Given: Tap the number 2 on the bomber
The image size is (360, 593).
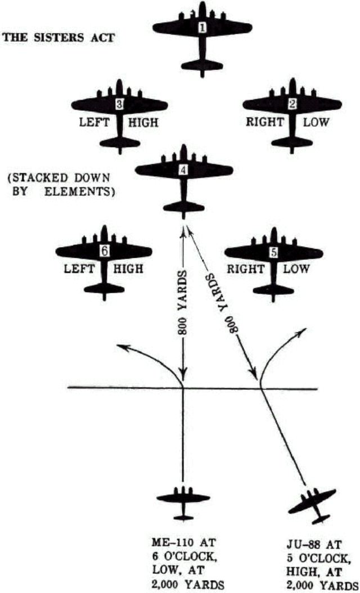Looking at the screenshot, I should pos(292,104).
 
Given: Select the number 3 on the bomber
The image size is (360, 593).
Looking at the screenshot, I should pos(119,104).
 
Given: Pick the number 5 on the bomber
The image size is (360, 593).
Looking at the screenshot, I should pos(274,253).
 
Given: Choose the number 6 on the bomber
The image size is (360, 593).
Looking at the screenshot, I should pos(104,251).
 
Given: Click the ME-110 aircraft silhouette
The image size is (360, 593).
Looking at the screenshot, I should pos(183,498).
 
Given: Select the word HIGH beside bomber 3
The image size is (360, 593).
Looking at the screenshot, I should pos(143,123).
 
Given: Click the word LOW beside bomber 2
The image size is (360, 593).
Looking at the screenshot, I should pos(317,123).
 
